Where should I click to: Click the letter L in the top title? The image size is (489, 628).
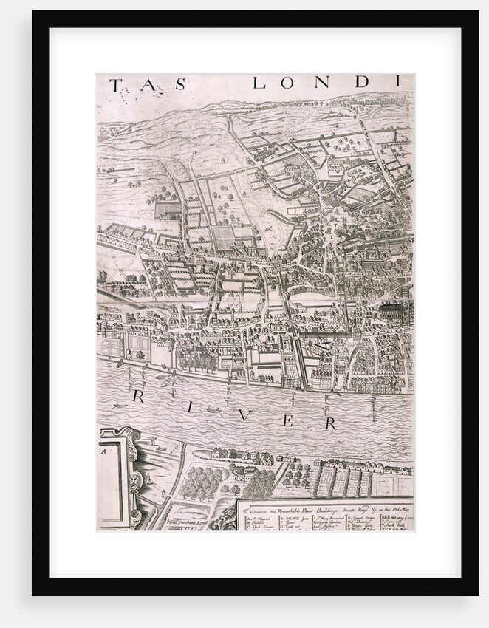[259, 83]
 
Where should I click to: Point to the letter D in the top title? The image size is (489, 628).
[362, 83]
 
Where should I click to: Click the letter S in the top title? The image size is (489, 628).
[181, 84]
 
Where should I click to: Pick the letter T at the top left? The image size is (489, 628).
[115, 85]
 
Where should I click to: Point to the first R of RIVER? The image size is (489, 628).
[138, 397]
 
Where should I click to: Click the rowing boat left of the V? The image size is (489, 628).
[213, 409]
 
